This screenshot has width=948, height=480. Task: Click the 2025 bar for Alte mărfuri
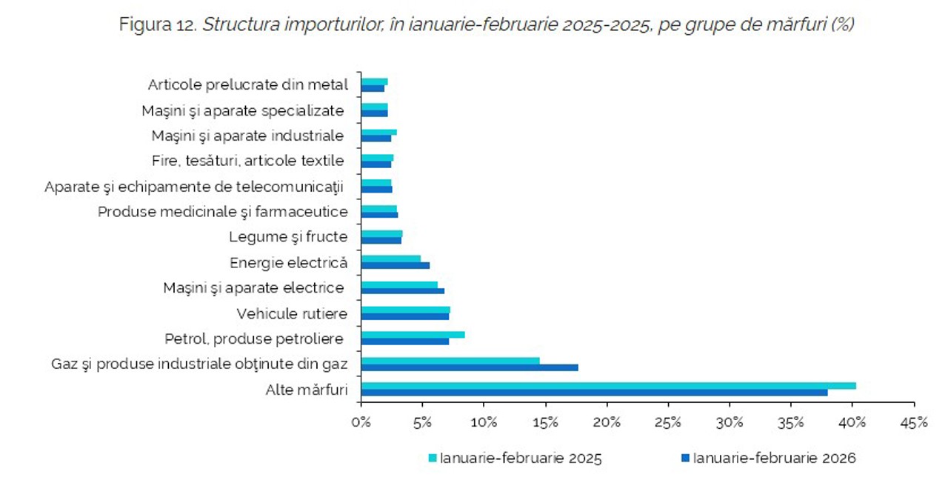click(x=607, y=385)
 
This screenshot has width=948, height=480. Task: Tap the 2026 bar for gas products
click(x=470, y=367)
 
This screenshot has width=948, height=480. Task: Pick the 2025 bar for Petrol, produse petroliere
click(x=413, y=335)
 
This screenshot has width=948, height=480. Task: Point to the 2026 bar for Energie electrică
click(x=395, y=265)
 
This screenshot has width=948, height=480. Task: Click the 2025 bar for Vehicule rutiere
click(x=405, y=310)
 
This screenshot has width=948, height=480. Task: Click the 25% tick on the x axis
click(x=668, y=422)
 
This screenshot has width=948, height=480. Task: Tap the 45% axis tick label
click(x=913, y=422)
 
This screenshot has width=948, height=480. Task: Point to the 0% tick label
click(x=361, y=422)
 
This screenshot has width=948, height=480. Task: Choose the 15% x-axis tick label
click(x=545, y=422)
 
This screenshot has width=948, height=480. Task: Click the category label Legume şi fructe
click(x=288, y=237)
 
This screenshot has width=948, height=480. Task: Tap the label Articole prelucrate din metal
click(x=247, y=84)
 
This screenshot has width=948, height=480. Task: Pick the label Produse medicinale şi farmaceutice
click(x=222, y=212)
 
